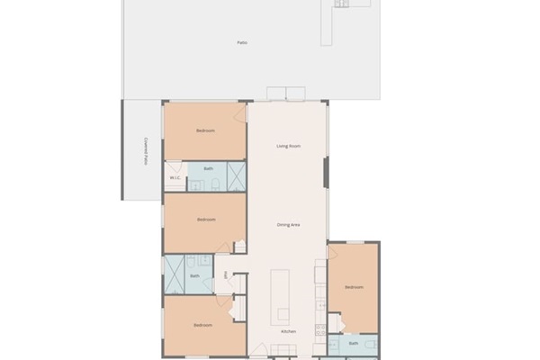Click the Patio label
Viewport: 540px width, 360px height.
(x=242, y=42)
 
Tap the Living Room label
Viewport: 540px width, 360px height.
(x=288, y=145)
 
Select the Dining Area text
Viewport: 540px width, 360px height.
(x=288, y=224)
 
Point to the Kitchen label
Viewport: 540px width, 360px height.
(x=288, y=332)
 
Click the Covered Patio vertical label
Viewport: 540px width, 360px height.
(x=145, y=150)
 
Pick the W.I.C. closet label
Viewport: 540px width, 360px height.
(x=175, y=178)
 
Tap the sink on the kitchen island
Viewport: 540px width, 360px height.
(x=283, y=314)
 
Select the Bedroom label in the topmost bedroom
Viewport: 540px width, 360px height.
(x=205, y=131)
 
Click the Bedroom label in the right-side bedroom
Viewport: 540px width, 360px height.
(x=354, y=287)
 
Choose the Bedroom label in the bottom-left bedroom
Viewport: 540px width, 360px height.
(x=202, y=325)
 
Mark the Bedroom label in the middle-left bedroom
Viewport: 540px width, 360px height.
(x=206, y=219)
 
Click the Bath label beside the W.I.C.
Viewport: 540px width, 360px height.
(x=209, y=168)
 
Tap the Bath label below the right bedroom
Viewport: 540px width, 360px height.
(x=354, y=343)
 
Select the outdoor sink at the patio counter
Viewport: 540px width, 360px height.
(x=342, y=4)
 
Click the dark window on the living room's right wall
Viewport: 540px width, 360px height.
(x=326, y=173)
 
